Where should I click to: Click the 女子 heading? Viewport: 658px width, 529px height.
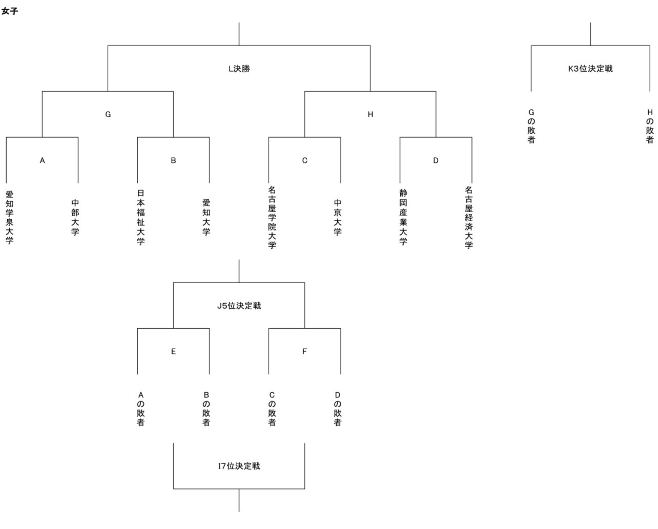click(10, 11)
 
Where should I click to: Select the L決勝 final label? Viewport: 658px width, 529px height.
click(239, 69)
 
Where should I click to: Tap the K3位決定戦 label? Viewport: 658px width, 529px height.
click(590, 69)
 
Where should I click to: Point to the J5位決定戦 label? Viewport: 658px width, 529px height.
click(239, 306)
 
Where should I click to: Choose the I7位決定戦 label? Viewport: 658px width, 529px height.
click(239, 466)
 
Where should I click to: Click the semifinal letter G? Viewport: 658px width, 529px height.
click(108, 115)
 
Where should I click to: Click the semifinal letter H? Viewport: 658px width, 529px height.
click(371, 115)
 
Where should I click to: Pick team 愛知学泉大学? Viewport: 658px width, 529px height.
click(9, 218)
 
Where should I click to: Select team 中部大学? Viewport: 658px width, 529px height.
click(75, 218)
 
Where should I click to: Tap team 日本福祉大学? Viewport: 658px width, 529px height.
click(140, 218)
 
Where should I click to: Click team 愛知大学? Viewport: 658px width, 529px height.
click(207, 218)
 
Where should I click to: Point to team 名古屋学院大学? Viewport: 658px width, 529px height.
click(272, 218)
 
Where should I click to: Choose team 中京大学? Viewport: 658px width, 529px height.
click(338, 218)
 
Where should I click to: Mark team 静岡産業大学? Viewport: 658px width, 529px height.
click(403, 218)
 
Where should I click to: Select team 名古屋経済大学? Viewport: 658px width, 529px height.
click(469, 218)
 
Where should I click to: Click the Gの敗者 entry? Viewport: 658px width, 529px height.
click(531, 126)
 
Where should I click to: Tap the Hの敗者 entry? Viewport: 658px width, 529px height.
click(650, 126)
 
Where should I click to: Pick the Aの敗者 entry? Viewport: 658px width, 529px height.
click(140, 409)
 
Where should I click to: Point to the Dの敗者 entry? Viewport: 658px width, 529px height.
click(338, 409)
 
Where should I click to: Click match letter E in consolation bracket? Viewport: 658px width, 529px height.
click(173, 351)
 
